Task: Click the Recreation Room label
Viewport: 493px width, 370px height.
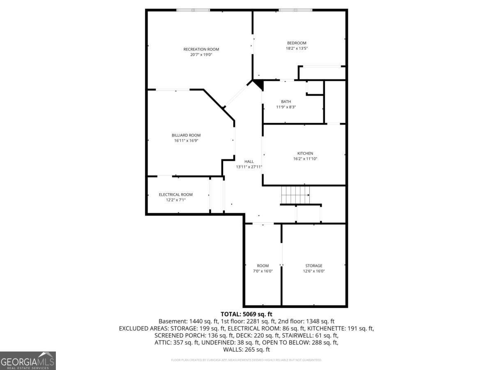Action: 201,49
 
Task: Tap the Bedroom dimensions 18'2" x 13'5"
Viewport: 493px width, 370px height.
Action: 297,49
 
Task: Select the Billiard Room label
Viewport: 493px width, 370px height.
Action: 186,135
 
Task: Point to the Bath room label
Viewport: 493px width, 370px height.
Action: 286,102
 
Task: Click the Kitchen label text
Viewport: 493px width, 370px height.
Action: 305,153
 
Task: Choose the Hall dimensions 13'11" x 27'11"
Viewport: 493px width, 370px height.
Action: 249,167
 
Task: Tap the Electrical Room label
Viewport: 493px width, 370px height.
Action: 176,194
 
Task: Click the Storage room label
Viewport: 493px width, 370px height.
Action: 313,266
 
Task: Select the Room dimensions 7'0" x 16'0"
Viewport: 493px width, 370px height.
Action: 263,271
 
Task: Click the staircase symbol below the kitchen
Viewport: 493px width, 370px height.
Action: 295,194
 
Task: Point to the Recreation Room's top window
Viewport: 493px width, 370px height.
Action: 193,10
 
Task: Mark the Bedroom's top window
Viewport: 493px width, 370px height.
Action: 295,10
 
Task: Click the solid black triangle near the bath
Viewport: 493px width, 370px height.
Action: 258,85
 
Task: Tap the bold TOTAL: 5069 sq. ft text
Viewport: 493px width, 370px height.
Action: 246,314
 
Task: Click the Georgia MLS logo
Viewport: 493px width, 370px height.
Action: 28,361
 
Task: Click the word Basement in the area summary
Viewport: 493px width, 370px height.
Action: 173,321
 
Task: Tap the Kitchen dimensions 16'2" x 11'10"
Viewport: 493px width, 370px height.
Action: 305,159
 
